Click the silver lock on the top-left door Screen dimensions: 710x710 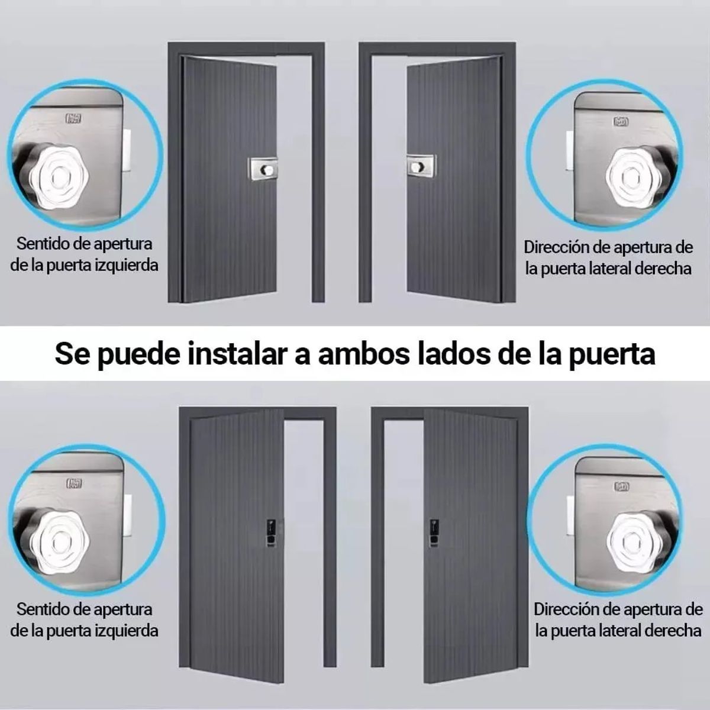coord(263,168)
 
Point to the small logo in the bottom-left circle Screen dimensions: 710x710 coord(74,484)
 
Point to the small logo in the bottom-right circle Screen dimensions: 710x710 coord(621,486)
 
